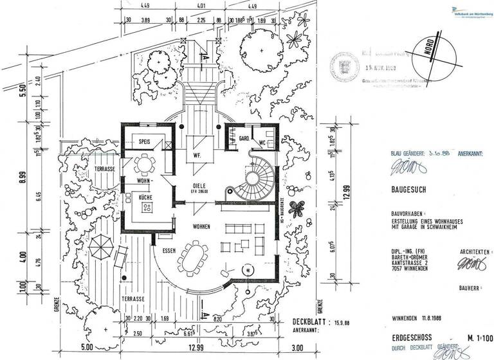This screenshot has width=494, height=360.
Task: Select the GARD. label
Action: pos(244,138)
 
